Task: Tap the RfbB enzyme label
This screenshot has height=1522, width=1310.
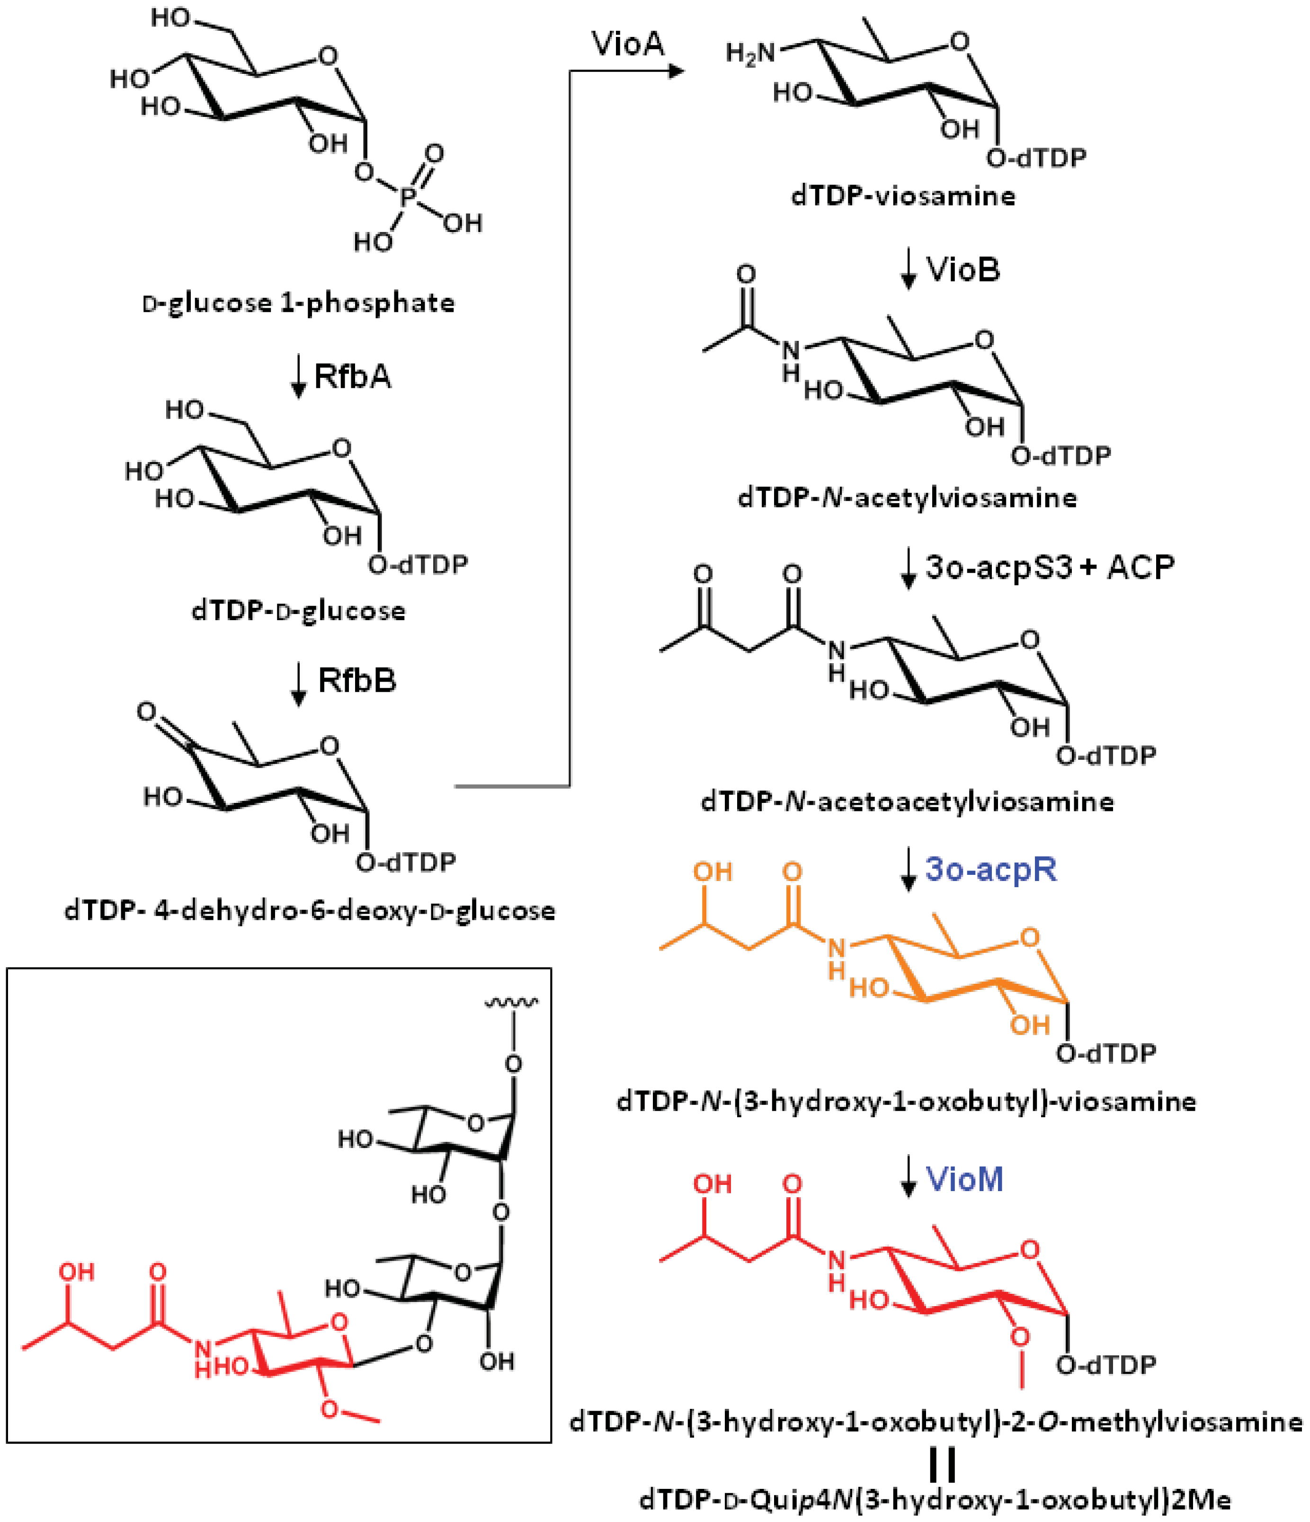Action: [356, 680]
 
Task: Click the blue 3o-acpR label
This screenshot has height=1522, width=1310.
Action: [990, 869]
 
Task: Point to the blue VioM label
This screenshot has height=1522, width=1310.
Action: [964, 1179]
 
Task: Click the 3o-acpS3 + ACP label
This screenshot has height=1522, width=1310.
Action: [1049, 567]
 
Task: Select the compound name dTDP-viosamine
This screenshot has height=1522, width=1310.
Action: [903, 196]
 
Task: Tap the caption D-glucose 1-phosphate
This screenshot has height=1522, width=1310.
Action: [298, 303]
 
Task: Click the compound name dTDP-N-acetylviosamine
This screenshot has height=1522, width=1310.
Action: [908, 498]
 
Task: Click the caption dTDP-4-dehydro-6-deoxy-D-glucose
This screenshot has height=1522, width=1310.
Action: [309, 911]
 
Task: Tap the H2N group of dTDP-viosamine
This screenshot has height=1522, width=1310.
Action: [750, 53]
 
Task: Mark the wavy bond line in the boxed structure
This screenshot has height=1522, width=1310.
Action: [511, 1001]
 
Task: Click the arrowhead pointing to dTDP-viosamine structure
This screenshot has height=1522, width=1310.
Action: [676, 71]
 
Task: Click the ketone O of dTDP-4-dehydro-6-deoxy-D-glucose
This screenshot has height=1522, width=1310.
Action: [147, 711]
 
